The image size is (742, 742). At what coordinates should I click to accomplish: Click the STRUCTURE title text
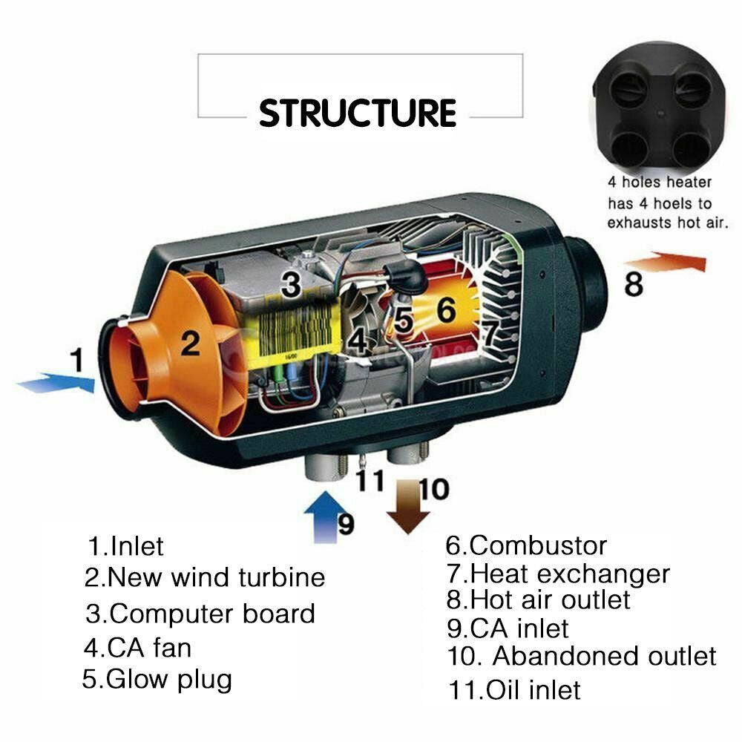click(357, 113)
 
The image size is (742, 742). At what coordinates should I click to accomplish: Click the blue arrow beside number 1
click(56, 384)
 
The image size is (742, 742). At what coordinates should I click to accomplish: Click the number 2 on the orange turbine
click(191, 343)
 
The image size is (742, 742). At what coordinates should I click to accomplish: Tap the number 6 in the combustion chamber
click(445, 310)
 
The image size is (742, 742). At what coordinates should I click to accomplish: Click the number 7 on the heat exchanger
click(490, 333)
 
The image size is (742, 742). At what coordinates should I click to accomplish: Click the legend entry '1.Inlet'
click(125, 547)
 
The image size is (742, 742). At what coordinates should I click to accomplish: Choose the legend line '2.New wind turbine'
click(205, 577)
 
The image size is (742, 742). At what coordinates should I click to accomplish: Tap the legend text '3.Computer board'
click(200, 614)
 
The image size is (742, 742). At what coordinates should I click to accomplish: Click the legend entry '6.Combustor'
click(525, 546)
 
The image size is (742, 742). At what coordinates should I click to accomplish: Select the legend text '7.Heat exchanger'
click(557, 574)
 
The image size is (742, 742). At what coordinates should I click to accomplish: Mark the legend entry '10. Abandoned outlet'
click(582, 656)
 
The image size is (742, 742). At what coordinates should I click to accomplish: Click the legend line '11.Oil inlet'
click(513, 690)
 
